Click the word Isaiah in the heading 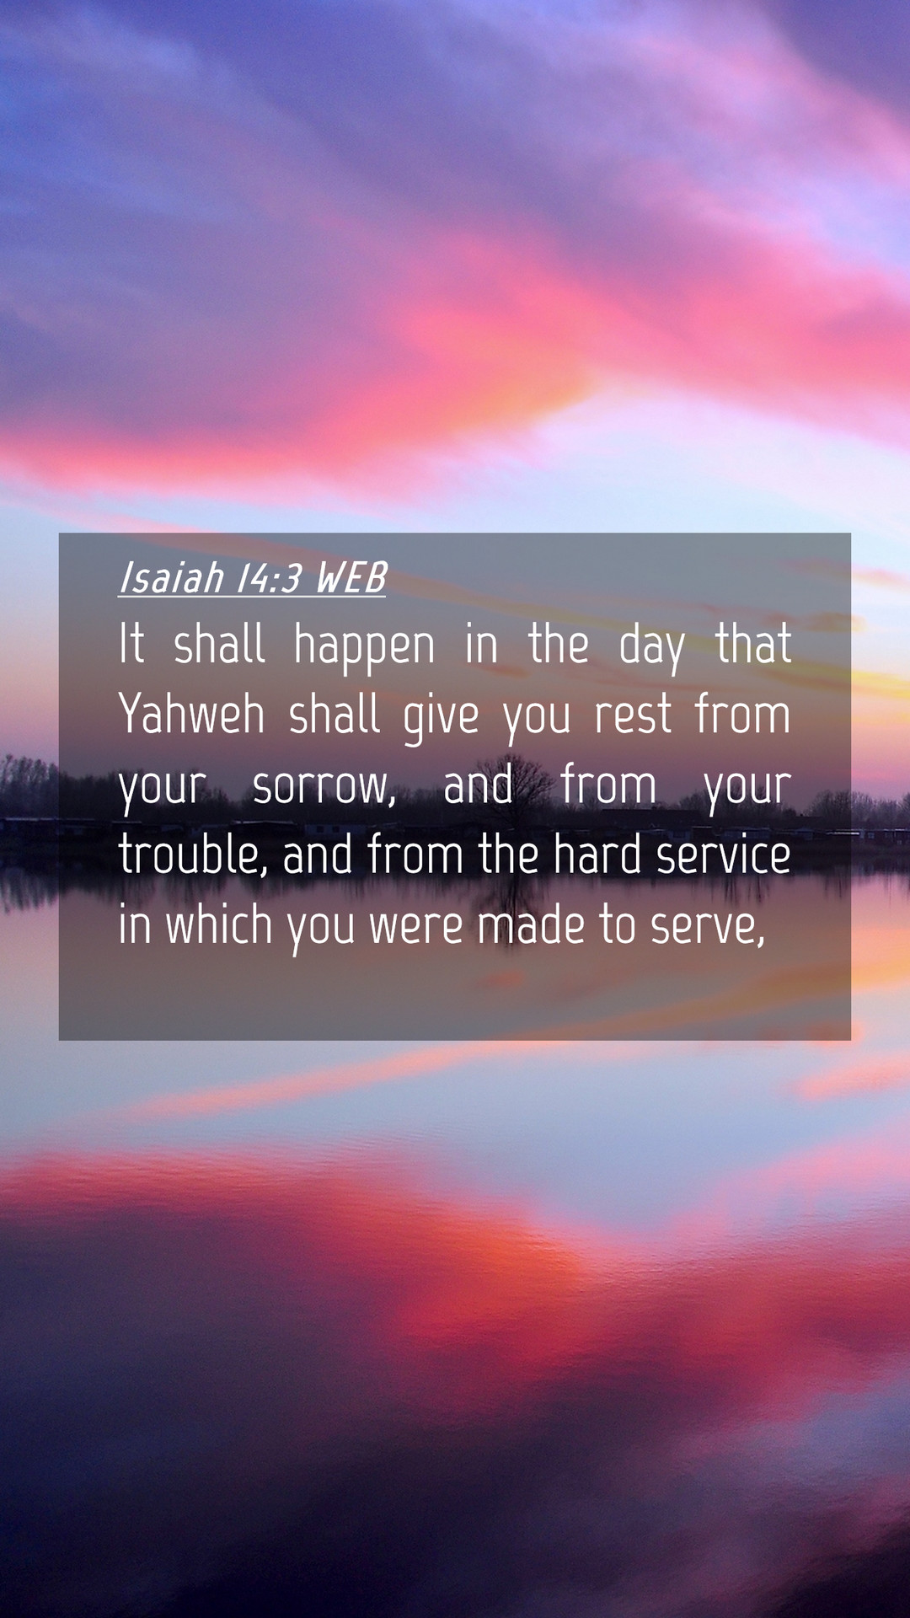172,578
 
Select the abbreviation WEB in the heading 351,578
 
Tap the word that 753,644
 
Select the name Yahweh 191,714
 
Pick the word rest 633,715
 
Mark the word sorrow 324,786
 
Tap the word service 724,855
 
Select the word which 219,924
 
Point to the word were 416,927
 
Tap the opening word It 131,644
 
